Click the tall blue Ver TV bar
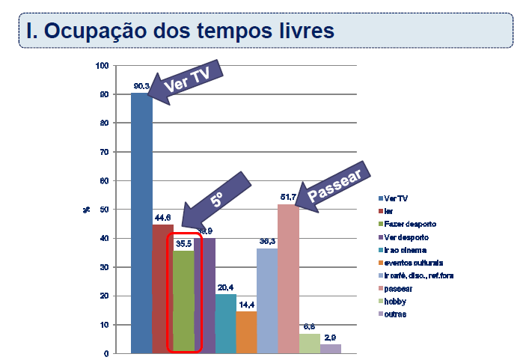[x=141, y=225]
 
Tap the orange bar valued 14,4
[x=246, y=332]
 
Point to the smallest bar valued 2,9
[x=330, y=348]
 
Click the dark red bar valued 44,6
[x=162, y=288]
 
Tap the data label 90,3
[x=141, y=87]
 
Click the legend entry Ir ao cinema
[x=406, y=250]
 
